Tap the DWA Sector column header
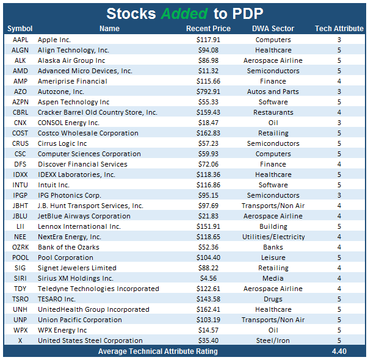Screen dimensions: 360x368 click(273, 29)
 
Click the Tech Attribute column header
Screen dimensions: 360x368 click(339, 29)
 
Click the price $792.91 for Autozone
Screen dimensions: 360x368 click(209, 92)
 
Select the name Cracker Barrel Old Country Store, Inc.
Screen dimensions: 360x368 click(98, 112)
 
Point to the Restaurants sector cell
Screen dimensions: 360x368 click(273, 112)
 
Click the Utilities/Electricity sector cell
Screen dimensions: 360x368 click(273, 237)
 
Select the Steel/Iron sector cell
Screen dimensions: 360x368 click(273, 340)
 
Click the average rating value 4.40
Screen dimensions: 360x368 click(339, 351)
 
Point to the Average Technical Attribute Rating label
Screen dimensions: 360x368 click(158, 351)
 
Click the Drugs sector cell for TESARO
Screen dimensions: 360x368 click(273, 299)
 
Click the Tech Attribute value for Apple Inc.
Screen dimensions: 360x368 click(339, 40)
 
